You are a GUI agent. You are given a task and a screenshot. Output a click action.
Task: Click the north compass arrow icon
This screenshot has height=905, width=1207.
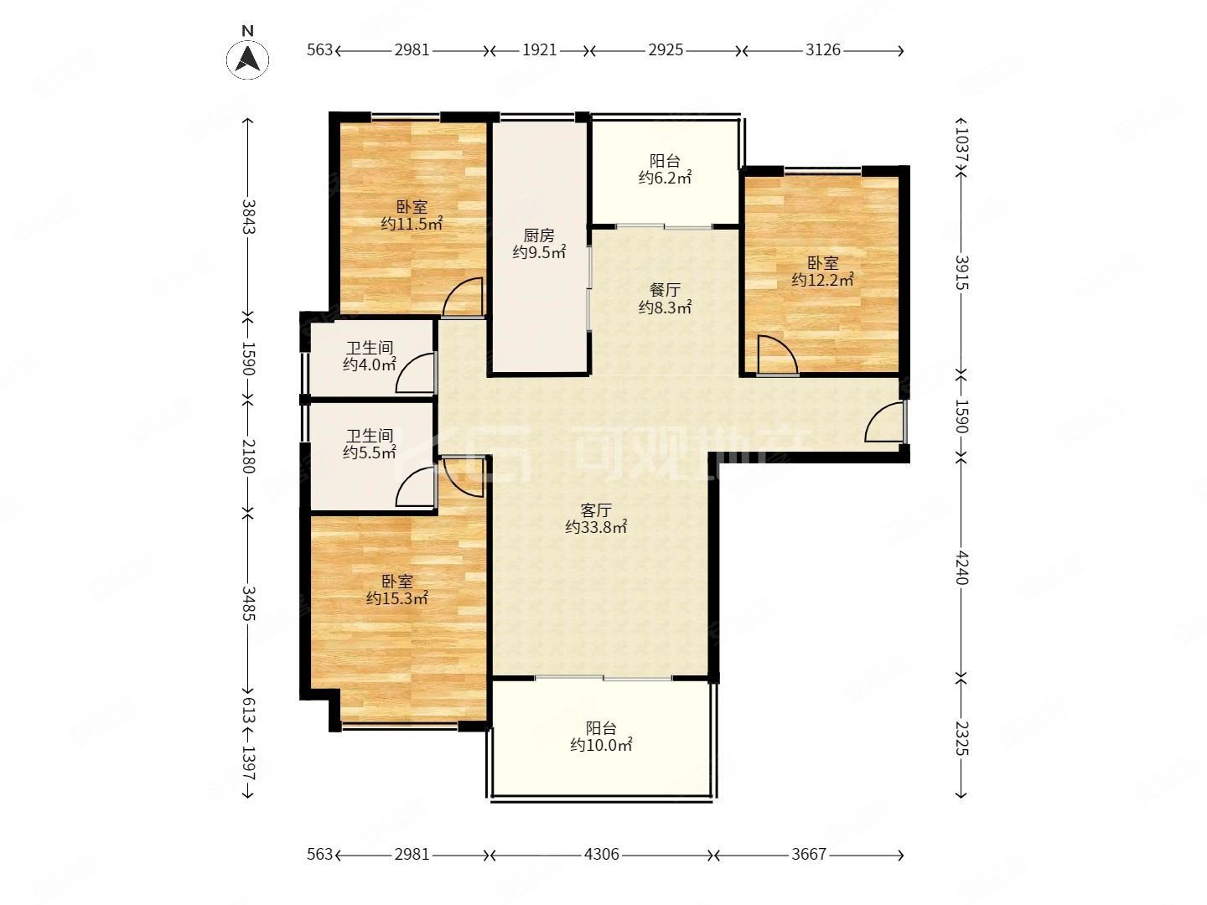click(247, 59)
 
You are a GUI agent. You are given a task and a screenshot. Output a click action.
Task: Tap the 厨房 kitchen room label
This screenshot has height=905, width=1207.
click(538, 235)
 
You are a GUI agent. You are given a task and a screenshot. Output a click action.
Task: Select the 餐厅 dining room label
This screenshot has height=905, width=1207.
click(664, 290)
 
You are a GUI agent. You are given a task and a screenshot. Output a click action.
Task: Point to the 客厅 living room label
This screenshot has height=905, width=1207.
click(595, 510)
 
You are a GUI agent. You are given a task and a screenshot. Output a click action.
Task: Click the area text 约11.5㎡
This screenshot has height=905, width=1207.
click(412, 224)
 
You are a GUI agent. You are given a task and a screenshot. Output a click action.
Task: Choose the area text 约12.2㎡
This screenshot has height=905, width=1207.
click(822, 280)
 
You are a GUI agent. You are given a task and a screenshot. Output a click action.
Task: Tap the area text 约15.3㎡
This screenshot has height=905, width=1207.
click(396, 597)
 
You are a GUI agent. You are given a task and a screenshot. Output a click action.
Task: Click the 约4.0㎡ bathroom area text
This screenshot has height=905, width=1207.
click(369, 365)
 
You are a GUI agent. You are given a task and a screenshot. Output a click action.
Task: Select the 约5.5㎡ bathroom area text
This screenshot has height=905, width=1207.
click(369, 452)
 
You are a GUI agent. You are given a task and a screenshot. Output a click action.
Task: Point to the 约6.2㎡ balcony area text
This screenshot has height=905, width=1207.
click(664, 178)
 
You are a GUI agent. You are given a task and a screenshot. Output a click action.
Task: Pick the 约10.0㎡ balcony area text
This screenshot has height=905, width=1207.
click(600, 745)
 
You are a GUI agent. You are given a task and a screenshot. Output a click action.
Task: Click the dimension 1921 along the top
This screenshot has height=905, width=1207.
click(539, 50)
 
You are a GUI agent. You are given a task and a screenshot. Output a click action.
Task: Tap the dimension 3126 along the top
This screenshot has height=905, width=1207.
click(822, 50)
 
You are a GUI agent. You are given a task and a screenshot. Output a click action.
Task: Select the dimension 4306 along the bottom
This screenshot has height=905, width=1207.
click(601, 854)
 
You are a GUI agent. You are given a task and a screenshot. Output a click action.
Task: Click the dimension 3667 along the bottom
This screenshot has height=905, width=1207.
click(808, 854)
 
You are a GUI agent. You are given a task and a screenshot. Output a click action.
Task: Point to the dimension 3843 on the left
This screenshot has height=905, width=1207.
click(249, 216)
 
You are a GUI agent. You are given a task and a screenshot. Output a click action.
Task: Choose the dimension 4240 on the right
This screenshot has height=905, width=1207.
click(961, 567)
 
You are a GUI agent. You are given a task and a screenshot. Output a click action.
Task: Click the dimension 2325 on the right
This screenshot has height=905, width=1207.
click(961, 738)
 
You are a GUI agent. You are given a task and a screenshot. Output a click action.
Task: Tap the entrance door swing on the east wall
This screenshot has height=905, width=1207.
click(884, 421)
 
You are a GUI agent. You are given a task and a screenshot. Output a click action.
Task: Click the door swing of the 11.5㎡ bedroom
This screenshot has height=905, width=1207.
click(463, 297)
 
